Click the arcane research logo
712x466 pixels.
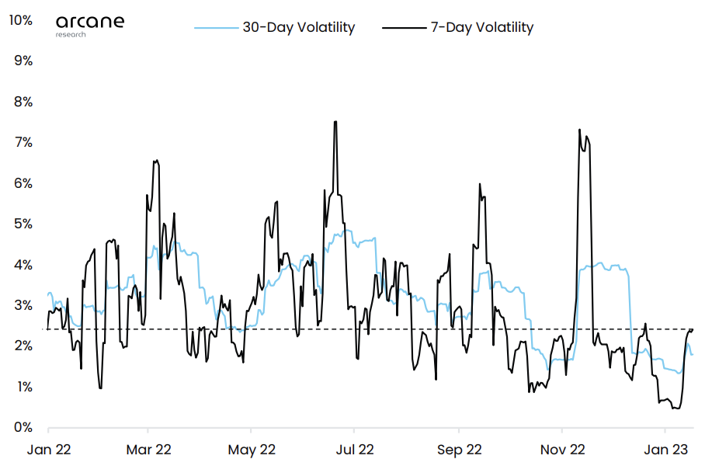coord(89,23)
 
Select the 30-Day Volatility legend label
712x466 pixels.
coord(298,27)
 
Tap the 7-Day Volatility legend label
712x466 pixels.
coord(482,27)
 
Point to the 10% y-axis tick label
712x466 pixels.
coord(19,20)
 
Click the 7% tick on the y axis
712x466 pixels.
coord(23,142)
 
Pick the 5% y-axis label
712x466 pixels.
coord(23,224)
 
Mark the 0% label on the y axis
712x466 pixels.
coord(23,427)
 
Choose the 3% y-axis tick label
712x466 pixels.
coord(23,305)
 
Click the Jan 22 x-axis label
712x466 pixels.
coord(48,449)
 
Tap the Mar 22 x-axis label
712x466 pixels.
coord(148,449)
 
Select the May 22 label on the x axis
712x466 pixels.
coord(252,449)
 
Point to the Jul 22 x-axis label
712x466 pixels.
coord(354,449)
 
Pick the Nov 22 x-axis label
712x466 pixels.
coord(562,449)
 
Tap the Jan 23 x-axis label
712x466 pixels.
coord(665,449)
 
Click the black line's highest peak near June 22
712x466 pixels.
coord(335,122)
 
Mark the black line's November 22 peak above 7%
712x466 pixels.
coord(579,130)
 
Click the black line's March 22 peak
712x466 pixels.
coord(156,161)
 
